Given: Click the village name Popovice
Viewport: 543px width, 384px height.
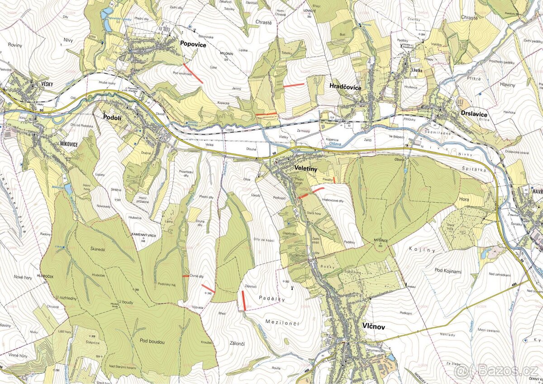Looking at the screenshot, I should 193,44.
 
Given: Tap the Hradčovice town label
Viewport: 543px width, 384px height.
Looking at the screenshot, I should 345,87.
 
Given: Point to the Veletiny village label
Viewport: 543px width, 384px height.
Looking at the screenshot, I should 306,168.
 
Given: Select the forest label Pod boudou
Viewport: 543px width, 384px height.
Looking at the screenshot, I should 152,342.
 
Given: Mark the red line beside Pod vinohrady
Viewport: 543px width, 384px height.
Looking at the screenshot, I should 193,73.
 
